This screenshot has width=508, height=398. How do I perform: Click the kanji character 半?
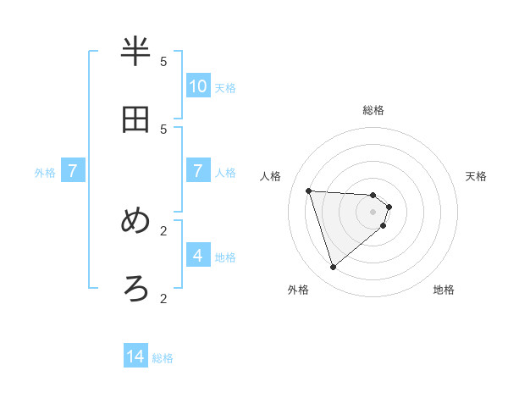136,53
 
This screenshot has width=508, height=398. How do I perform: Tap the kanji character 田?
136,119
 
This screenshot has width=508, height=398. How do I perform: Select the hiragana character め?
136,221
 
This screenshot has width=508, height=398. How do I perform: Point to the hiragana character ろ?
136,289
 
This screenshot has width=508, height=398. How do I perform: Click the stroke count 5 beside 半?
163,62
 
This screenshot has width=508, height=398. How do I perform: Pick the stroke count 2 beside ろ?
163,298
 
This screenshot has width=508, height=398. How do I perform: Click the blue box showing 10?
198,86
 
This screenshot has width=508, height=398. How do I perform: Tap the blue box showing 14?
135,357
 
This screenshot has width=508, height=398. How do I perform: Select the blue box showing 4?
198,256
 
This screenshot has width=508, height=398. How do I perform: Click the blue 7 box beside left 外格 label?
73,171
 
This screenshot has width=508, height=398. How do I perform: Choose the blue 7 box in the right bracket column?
198,171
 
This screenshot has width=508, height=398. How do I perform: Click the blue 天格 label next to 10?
225,87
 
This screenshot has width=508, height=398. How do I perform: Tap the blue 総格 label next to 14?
163,358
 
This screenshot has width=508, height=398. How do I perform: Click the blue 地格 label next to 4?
225,257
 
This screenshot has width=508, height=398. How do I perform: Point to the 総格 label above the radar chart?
373,110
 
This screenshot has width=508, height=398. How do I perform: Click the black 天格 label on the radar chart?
476,176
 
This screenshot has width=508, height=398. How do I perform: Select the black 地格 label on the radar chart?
444,290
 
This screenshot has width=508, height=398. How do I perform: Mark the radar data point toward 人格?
308,191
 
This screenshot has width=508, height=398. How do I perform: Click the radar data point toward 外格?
333,268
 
